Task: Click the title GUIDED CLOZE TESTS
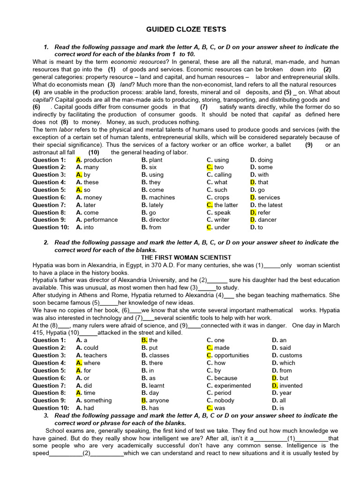tap(187, 30)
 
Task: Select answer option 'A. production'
tap(94, 160)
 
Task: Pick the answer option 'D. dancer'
tap(263, 220)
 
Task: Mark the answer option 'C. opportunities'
tap(228, 355)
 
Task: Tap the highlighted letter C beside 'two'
tap(210, 167)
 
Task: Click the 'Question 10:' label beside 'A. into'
tap(50, 227)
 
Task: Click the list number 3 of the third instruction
tap(46, 416)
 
